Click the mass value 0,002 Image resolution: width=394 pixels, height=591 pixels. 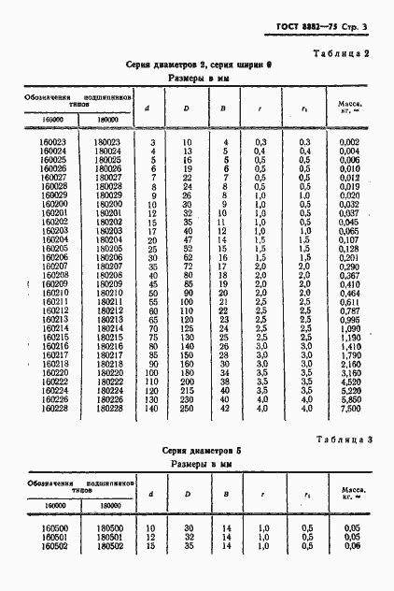point(348,141)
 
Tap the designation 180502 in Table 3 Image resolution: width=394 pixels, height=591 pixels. point(107,546)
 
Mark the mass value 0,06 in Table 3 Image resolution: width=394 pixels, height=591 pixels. point(350,546)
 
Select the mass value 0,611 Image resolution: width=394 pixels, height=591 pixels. point(348,302)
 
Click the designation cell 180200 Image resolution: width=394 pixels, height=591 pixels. point(107,203)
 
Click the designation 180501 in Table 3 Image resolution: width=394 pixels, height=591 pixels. point(107,538)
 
